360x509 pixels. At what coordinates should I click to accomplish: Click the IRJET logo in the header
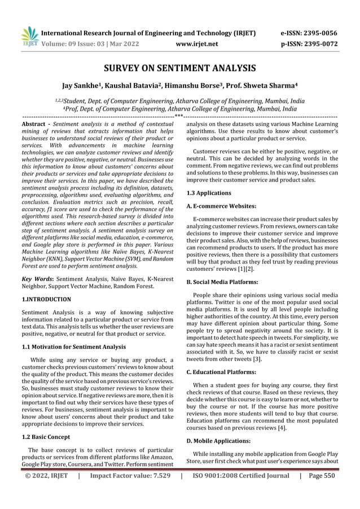coord(29,36)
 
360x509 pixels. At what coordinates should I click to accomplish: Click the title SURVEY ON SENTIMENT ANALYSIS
coord(179,69)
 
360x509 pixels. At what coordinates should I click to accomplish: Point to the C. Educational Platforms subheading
coord(222,372)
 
